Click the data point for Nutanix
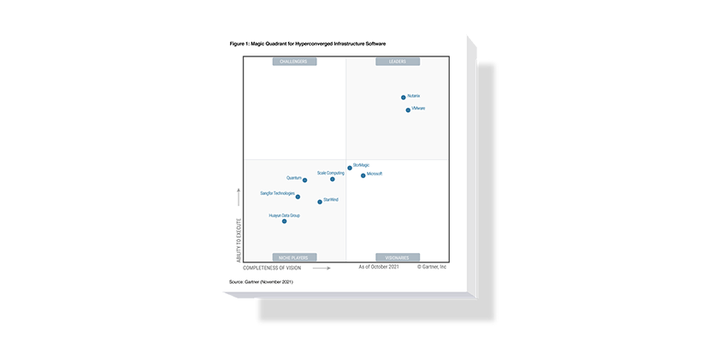404,97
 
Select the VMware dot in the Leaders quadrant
408,110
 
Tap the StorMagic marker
350,168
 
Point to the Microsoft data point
363,175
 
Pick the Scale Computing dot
333,179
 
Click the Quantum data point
304,180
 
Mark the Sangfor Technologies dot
298,197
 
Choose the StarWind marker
320,202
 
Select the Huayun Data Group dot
285,221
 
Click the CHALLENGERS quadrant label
295,62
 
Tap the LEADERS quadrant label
397,62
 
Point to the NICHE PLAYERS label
295,257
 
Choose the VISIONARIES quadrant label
397,257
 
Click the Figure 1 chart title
314,42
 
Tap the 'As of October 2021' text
379,268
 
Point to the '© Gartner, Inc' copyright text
432,268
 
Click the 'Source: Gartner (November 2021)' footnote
262,281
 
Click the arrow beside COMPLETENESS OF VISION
321,268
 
